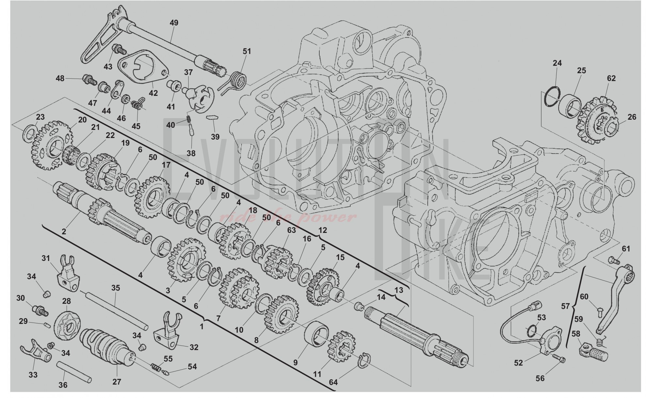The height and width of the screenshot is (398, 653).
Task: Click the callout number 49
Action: click(x=174, y=23)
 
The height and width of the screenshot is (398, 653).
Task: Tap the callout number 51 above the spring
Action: click(x=247, y=51)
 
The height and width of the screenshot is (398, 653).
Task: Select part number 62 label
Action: click(x=611, y=78)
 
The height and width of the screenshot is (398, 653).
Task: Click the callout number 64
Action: click(x=334, y=382)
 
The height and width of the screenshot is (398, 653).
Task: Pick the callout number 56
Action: click(x=540, y=378)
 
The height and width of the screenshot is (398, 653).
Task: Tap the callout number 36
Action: click(x=63, y=385)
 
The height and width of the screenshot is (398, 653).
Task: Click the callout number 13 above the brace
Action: click(x=399, y=290)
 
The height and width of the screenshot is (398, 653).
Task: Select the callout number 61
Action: click(x=626, y=249)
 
